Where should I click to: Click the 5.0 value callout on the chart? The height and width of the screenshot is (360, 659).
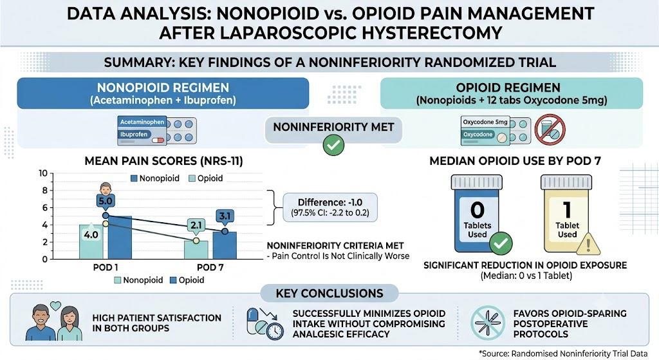tap(105, 201)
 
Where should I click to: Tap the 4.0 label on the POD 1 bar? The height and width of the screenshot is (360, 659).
tap(91, 234)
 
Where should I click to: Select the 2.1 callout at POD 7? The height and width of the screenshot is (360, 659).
tap(196, 225)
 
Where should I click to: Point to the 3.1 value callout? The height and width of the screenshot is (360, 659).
tap(225, 216)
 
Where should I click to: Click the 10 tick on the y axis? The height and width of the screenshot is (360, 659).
tap(43, 173)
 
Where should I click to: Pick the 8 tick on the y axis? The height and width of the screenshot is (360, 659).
tap(45, 191)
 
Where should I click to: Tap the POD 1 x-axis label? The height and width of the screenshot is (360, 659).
tap(106, 267)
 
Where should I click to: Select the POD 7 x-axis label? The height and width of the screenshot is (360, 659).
tap(210, 267)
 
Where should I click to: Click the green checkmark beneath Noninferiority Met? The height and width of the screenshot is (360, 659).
tap(334, 145)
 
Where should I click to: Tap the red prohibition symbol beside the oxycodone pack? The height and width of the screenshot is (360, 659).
tap(550, 130)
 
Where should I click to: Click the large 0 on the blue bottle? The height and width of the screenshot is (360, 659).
tap(477, 210)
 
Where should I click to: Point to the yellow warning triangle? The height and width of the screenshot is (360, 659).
tap(588, 244)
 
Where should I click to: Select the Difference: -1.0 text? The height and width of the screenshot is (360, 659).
tap(330, 202)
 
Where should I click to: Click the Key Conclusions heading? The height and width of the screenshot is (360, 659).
tap(329, 294)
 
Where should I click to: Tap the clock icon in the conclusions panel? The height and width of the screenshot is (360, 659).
tap(274, 330)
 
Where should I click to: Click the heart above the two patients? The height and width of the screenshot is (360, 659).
tap(55, 305)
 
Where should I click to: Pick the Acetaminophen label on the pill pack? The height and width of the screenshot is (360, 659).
tap(142, 122)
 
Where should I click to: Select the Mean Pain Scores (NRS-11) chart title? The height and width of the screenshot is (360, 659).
tap(164, 161)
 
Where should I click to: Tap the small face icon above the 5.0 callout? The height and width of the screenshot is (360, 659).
tap(106, 189)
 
